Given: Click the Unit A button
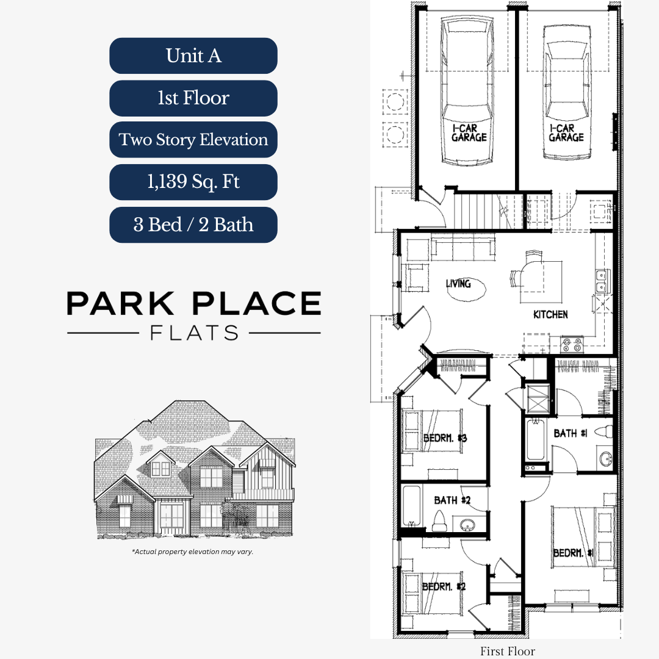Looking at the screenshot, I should tap(193, 56).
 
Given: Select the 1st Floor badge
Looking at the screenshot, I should tap(193, 98).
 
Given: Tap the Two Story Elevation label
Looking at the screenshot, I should tap(193, 140).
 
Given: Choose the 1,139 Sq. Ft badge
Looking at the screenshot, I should tap(193, 182).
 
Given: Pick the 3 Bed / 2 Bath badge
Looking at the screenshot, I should tap(193, 225).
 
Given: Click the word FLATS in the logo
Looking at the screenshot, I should tap(193, 333).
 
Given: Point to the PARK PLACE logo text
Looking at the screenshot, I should tap(193, 303).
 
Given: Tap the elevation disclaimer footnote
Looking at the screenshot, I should tap(193, 552).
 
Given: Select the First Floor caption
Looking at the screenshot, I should tap(507, 651).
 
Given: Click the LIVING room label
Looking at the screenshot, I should tap(458, 284).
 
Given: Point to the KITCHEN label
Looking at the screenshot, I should tap(550, 315).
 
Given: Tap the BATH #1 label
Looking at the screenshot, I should tap(570, 433).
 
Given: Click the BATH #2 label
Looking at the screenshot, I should tap(452, 500).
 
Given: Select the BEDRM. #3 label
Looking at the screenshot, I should tap(445, 438).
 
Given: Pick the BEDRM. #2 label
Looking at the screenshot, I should tap(444, 586).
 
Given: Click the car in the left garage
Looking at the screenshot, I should tap(467, 92).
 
